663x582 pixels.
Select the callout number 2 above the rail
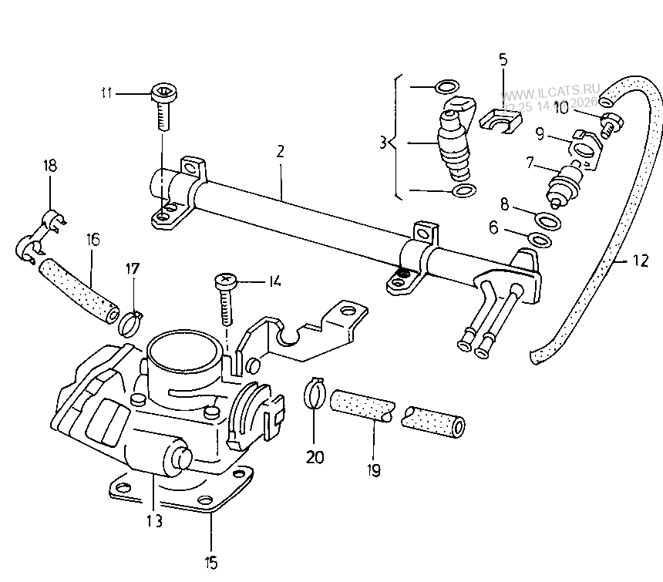pos(281,150)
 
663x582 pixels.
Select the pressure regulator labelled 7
pos(564,183)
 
